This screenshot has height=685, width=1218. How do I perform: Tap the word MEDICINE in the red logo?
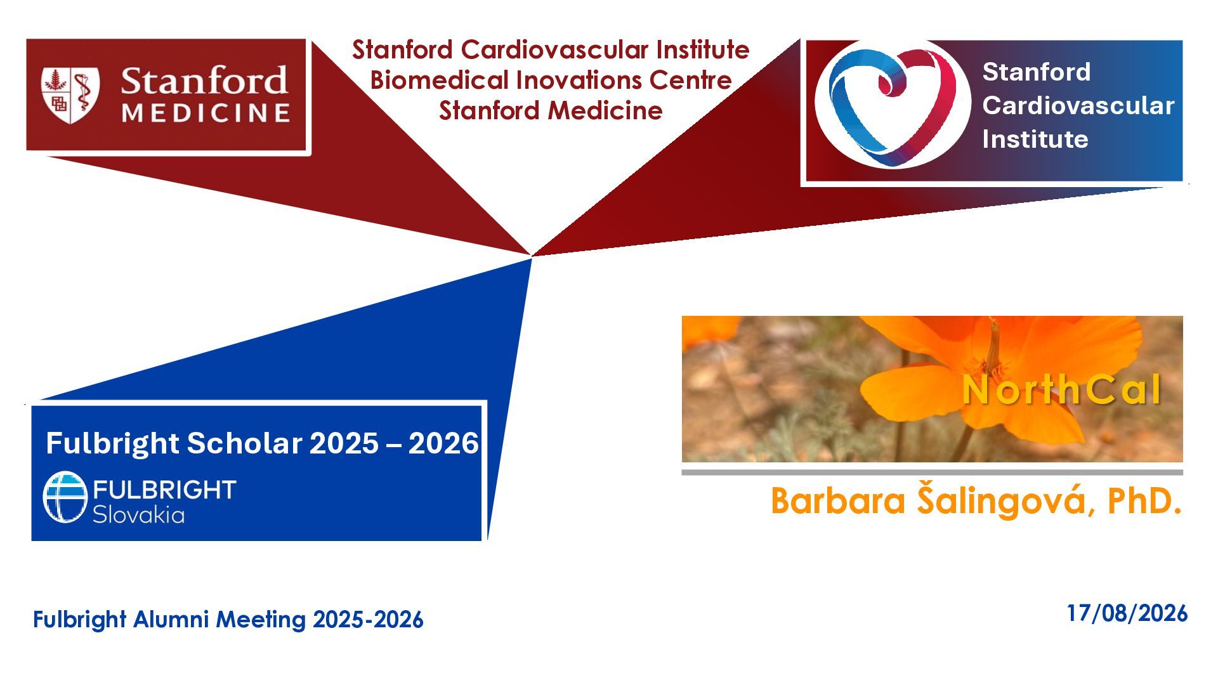click(206, 114)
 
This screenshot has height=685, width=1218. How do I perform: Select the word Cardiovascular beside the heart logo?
click(1078, 105)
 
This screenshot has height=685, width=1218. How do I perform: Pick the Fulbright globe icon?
click(65, 497)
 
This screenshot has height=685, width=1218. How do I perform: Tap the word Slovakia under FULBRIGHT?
click(138, 514)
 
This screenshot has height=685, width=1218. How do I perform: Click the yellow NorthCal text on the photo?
click(1061, 389)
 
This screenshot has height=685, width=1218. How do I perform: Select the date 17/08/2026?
click(1127, 613)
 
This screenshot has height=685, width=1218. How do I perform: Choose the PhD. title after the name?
click(1144, 500)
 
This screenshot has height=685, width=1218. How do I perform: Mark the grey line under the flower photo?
click(932, 473)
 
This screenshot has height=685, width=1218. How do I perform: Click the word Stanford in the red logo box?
click(204, 81)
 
